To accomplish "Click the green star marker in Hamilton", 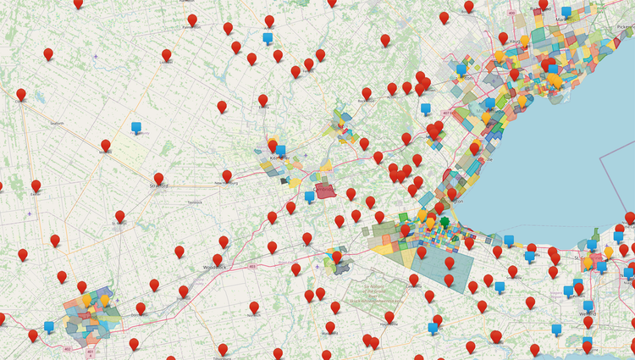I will pos(444,222).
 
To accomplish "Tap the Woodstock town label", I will pos(217,267).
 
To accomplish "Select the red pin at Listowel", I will pos(166,56).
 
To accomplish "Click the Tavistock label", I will pos(195,202).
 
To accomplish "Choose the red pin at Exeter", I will pos(36,186).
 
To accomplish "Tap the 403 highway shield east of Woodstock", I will pos(253,265).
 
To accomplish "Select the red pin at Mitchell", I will pos(106,146).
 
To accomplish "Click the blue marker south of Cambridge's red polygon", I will pos(310,197).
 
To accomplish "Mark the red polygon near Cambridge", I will pos(326,191).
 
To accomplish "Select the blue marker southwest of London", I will pos(48,326).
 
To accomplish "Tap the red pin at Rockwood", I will pos(367,94).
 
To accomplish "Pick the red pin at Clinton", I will pos(21,95).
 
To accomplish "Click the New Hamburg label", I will pos(226,183).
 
